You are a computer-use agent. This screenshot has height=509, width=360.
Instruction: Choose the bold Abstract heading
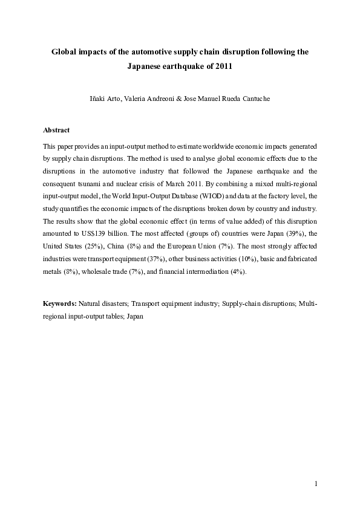click(56, 130)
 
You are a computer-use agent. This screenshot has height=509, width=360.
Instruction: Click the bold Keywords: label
click(60, 303)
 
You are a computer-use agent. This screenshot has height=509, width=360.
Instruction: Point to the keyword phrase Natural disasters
click(102, 303)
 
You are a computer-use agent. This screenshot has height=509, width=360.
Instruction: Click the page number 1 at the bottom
click(315, 484)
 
